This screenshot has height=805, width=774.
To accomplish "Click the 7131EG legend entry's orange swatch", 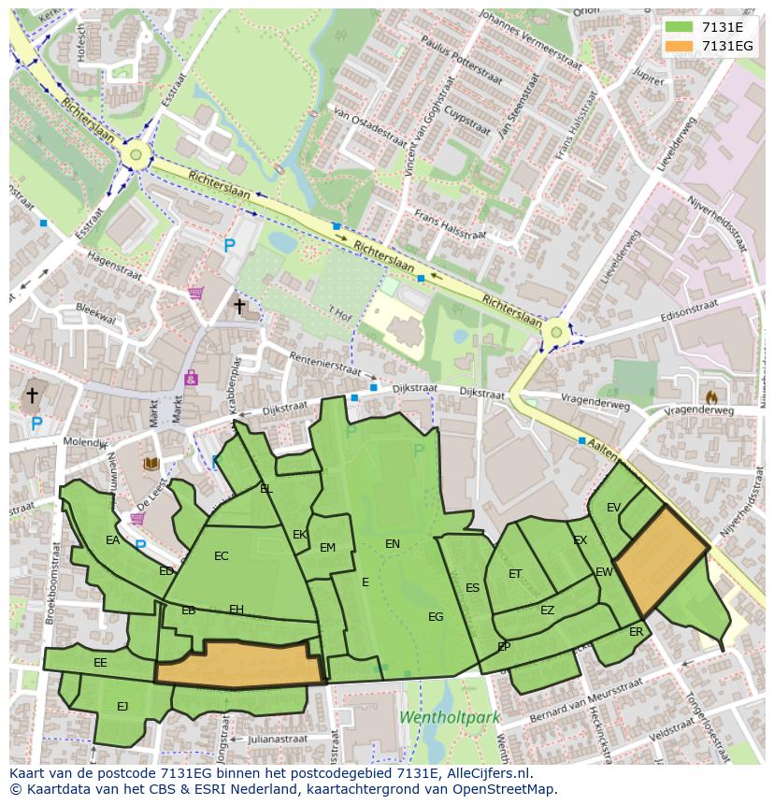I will coord(680,46).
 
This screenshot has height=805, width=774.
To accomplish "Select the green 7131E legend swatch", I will coord(680,27).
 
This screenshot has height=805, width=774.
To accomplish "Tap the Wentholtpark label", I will coord(450,718).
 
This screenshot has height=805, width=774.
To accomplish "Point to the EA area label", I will coord(112,540).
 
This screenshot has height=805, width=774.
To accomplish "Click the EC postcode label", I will coord(221,556).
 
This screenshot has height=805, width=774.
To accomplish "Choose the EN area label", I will coord(393,543).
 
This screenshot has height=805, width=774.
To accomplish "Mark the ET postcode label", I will coord(515,574).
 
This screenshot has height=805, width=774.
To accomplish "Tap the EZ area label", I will coord(547,611).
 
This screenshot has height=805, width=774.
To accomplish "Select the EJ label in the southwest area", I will coord(122,707).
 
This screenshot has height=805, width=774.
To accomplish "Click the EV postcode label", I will coord(613,508).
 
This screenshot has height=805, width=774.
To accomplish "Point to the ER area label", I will coord(636,632).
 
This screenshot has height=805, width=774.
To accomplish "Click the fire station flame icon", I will coord(711,396).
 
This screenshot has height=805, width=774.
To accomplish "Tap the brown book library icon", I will coord(150,463).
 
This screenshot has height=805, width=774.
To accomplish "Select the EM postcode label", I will coord(327,548).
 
